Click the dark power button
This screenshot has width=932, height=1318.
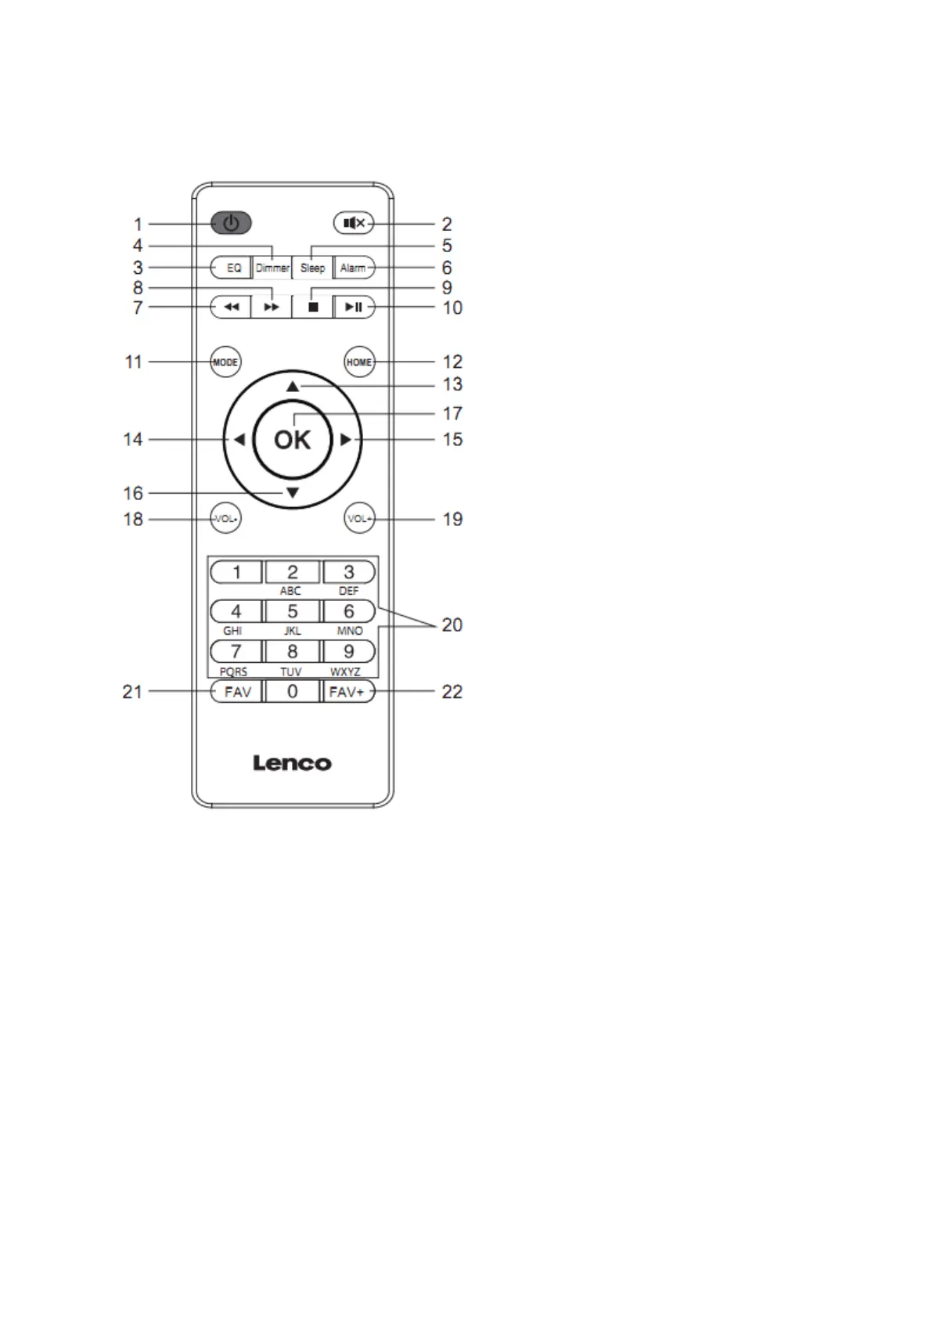coord(231,224)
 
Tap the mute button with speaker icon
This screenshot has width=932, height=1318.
coord(354,224)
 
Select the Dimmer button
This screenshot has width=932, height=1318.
coord(272,268)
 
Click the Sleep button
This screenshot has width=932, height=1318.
coord(313,268)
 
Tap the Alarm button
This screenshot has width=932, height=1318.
coord(354,268)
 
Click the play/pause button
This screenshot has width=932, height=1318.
coord(354,307)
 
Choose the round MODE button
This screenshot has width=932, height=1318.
coord(225,362)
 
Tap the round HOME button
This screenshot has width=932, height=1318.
coord(359,362)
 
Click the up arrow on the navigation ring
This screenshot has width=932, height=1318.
coord(293,386)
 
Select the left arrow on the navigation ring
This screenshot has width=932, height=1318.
coord(239,440)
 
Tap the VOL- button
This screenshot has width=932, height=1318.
coord(226,519)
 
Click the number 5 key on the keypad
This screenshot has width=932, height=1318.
coord(293,611)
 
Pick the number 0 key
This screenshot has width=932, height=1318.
coord(293,692)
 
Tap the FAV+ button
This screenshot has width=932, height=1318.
coord(347,692)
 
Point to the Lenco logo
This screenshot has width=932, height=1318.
coord(293,763)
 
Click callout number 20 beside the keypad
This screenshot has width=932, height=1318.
coord(452,625)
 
